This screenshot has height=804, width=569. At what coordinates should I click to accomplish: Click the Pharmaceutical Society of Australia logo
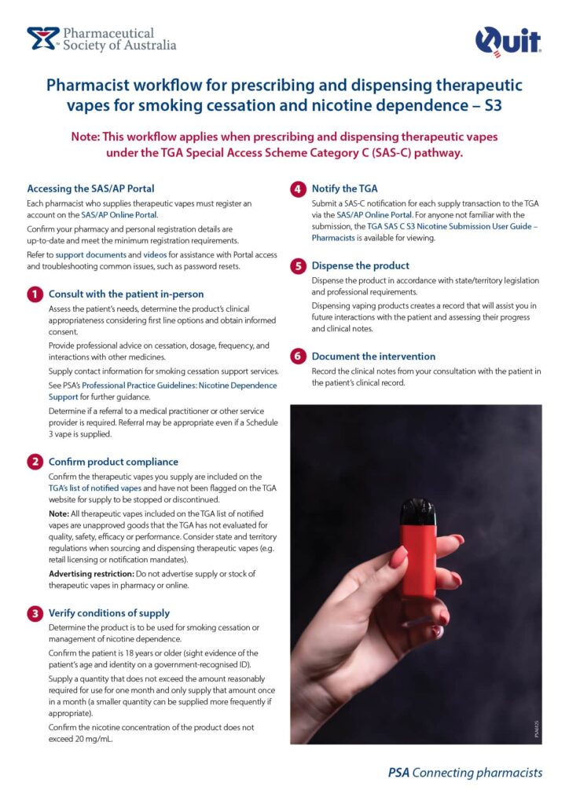(101, 38)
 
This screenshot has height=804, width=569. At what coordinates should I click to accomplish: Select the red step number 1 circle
(35, 294)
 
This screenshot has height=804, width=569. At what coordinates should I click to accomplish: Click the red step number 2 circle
(35, 462)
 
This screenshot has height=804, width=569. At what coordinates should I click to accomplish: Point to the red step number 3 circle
(35, 612)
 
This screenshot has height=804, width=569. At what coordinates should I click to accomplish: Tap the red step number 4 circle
(298, 188)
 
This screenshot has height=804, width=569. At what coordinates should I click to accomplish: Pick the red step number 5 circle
(298, 265)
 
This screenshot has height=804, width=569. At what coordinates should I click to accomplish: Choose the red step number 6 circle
(298, 356)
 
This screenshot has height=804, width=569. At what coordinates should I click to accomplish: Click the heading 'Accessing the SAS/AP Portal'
(90, 188)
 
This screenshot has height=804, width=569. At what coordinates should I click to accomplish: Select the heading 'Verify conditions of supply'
(109, 612)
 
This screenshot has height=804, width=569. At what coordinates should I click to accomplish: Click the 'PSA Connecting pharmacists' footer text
(464, 772)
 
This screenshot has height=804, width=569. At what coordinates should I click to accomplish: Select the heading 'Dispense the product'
(361, 265)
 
